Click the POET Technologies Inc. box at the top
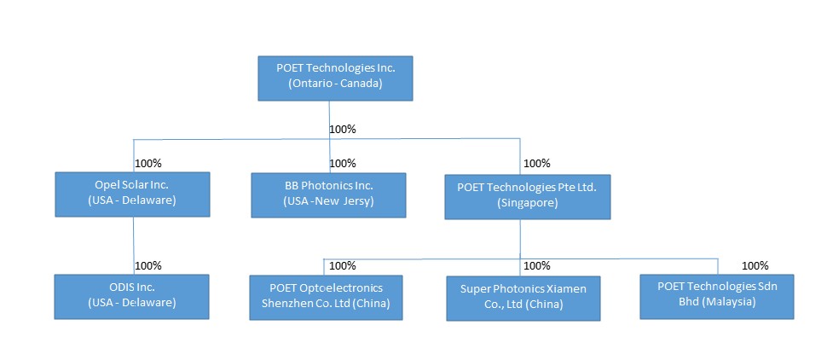(x=335, y=77)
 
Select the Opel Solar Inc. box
(x=131, y=194)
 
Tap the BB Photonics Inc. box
(x=328, y=194)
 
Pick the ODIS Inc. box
(x=131, y=295)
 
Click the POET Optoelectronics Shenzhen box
(x=327, y=296)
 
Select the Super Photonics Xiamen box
(x=523, y=298)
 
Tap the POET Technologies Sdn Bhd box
(x=718, y=295)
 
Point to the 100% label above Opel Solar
(x=148, y=163)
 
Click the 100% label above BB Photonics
(x=343, y=163)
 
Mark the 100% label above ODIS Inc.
(x=148, y=265)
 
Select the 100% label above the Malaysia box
(x=755, y=265)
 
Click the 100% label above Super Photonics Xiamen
(x=537, y=265)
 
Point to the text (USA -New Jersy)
(x=329, y=201)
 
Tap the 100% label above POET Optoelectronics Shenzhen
(x=343, y=265)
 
